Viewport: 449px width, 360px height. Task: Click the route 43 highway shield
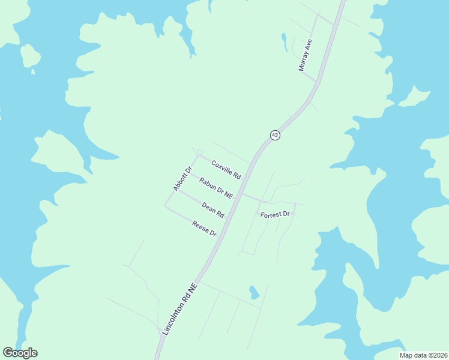click(x=274, y=135)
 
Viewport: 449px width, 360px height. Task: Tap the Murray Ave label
click(x=306, y=55)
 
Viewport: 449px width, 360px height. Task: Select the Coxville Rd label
click(x=226, y=170)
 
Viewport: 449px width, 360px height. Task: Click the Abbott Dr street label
click(x=181, y=179)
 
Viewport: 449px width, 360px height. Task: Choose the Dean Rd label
click(x=213, y=210)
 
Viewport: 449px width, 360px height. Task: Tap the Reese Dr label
click(x=204, y=229)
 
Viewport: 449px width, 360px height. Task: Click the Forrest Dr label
click(x=276, y=214)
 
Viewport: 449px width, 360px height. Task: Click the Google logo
click(x=20, y=353)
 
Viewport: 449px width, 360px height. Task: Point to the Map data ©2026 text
click(x=423, y=355)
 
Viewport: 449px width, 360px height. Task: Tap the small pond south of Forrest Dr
click(x=254, y=293)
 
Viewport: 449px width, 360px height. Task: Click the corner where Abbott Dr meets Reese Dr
click(x=166, y=205)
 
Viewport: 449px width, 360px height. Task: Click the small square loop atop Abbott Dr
click(x=200, y=151)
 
